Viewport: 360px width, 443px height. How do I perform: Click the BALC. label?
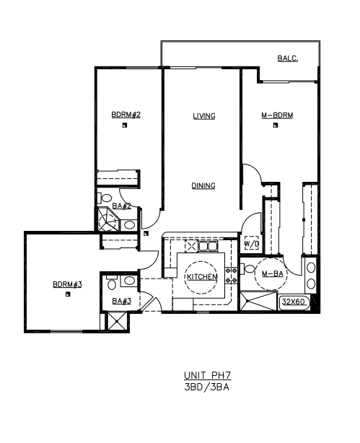pos(288,58)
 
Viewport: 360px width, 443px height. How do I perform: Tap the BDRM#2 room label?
pos(126,115)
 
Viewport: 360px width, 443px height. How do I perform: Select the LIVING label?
pos(204,116)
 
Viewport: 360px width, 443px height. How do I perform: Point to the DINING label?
pos(203,185)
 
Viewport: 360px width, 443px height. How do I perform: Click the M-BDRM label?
pos(277,115)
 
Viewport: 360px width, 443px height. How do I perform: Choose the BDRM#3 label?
pos(67,284)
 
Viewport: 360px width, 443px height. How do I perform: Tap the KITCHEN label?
pos(202,277)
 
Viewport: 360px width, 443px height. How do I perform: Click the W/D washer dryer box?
pos(252,243)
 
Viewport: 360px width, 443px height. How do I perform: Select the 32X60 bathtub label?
pos(294,302)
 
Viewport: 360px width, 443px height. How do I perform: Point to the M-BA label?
pos(273,273)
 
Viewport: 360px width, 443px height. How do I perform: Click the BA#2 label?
pos(122,206)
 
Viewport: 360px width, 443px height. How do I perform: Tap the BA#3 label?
pos(122,301)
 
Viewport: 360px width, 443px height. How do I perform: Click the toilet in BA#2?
pos(105,198)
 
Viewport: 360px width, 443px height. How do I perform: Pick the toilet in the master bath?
pos(247,268)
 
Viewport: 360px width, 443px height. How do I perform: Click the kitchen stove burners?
pos(232,276)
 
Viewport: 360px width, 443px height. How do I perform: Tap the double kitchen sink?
pos(208,246)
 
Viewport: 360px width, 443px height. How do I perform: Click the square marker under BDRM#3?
pos(68,294)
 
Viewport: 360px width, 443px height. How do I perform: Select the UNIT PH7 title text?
pos(207,375)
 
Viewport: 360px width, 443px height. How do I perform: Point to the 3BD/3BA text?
pos(206,387)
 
